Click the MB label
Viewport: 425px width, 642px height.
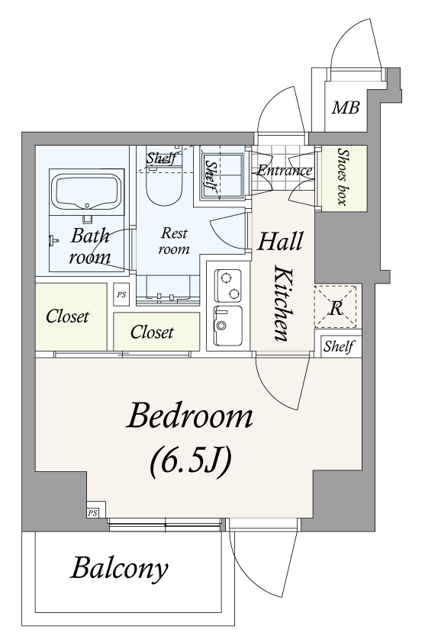point(346,108)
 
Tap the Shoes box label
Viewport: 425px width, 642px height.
point(343,176)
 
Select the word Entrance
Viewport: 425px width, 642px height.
point(285,170)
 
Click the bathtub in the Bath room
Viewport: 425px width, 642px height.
point(87,191)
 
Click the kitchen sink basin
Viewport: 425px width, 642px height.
point(227,326)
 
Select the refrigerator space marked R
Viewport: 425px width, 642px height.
point(335,307)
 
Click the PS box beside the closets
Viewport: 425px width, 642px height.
point(121,294)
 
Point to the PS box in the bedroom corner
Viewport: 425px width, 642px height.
point(92,512)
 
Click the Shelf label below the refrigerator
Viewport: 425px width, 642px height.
point(339,347)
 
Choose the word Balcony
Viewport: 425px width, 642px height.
point(119,569)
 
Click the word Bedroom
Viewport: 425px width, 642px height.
point(189,416)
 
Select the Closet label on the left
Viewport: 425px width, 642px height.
point(67,316)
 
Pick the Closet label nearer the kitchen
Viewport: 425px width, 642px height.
point(152,332)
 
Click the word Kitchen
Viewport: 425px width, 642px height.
point(282,303)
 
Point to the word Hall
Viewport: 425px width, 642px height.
point(280,241)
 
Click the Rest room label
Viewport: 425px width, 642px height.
point(174,241)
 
